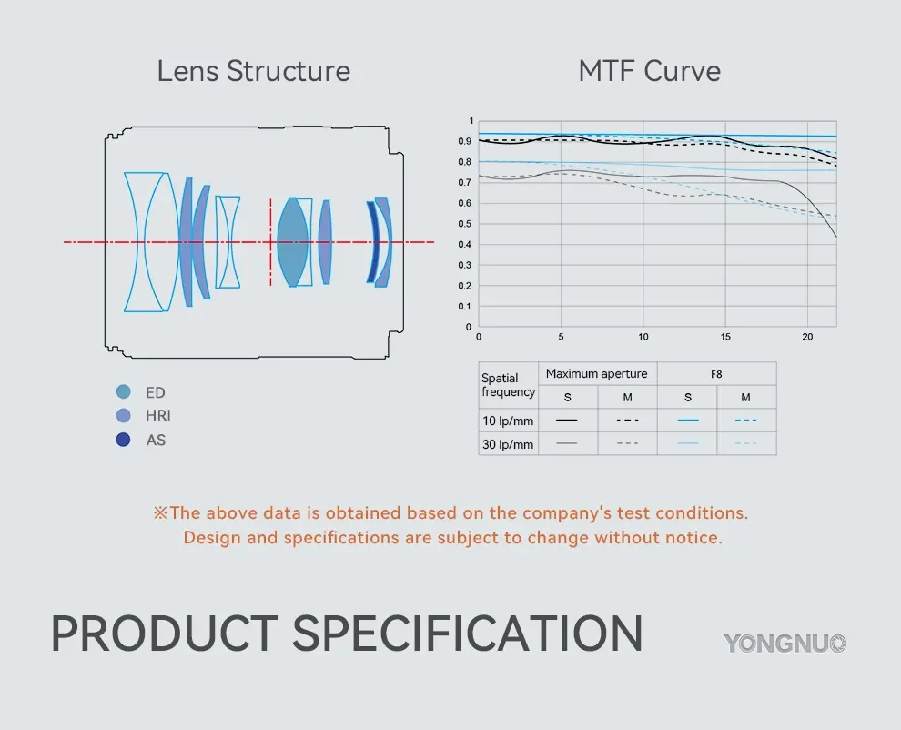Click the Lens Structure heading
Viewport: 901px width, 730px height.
253,71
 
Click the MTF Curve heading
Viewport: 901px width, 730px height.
649,71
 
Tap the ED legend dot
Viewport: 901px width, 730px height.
124,392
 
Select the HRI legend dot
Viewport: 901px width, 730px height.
124,416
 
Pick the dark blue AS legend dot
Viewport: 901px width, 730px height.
124,440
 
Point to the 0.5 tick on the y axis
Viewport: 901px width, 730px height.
470,224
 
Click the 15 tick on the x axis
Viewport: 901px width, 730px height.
725,337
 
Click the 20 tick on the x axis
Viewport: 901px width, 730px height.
807,337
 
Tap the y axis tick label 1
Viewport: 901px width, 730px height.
471,121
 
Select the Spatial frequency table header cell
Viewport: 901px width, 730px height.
508,385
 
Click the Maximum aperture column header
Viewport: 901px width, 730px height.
597,373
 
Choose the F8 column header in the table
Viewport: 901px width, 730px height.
716,373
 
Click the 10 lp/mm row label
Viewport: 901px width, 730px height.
508,421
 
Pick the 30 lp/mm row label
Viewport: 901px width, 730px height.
508,444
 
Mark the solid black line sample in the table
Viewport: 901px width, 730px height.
567,421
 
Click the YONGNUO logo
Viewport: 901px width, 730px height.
785,644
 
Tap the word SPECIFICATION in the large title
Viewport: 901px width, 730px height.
467,634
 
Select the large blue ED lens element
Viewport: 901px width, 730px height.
292,242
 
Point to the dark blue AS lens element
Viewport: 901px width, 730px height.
372,242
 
